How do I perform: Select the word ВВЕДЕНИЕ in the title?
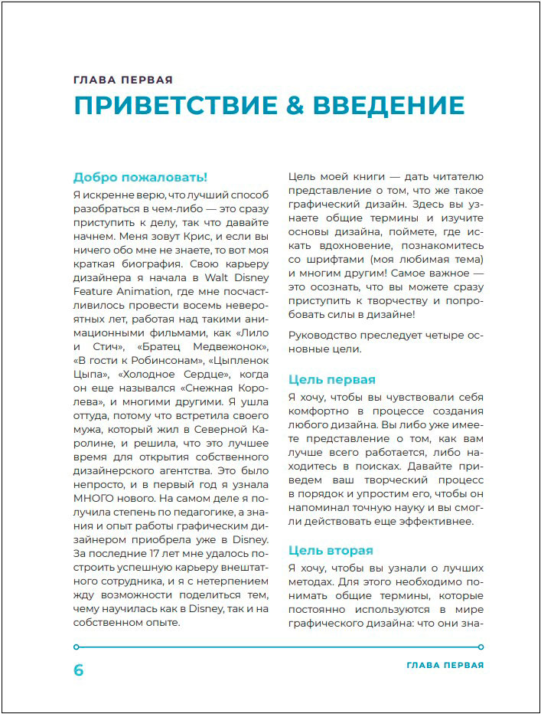coord(389,106)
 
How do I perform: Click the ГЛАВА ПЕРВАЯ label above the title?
coord(123,80)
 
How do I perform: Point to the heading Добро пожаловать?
coord(140,177)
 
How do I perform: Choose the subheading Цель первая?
coord(331,379)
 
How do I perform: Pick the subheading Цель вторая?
coord(331,550)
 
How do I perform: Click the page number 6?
coord(78,670)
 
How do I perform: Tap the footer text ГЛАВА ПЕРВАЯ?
coord(445,665)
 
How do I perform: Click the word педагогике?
coord(207,514)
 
